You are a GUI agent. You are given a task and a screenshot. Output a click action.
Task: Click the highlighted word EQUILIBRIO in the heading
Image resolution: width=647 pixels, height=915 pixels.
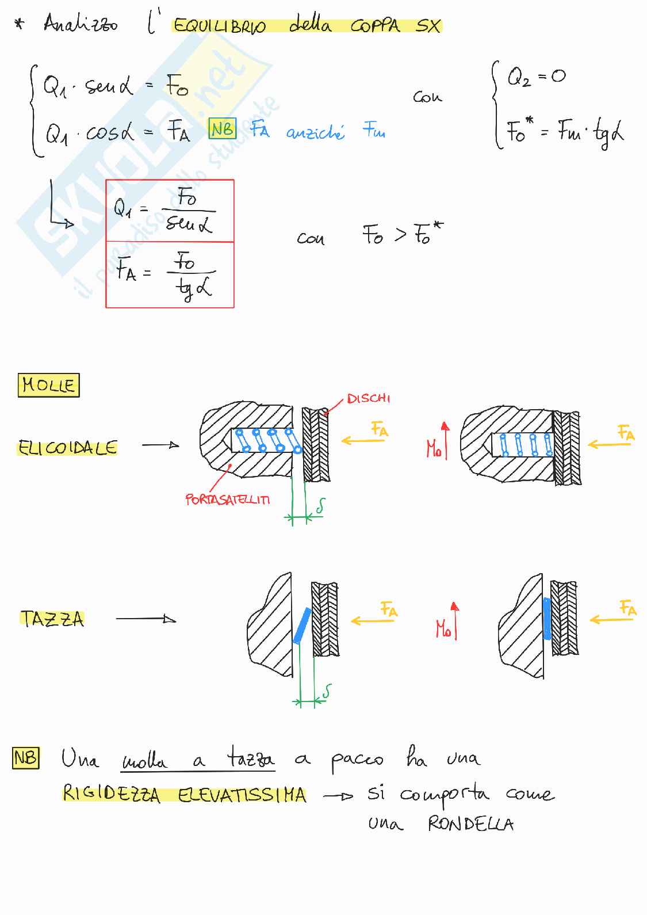point(219,27)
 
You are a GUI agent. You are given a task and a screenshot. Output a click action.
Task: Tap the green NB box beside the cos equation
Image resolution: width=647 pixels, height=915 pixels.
point(222,129)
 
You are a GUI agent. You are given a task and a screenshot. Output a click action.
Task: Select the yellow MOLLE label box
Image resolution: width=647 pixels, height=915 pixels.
point(48,385)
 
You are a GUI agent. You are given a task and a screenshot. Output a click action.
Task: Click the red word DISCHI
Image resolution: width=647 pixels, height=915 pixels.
point(368,398)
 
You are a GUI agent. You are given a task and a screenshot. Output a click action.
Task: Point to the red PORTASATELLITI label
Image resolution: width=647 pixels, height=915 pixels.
point(227,500)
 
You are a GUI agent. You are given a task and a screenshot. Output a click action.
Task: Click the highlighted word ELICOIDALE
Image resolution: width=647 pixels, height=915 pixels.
point(67,448)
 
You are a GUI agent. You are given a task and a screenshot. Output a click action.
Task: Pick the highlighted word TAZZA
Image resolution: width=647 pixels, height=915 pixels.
point(52,619)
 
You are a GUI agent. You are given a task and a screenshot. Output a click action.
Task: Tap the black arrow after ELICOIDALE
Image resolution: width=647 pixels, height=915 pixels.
point(160,445)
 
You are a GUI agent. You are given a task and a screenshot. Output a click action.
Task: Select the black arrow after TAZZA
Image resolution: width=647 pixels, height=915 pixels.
point(146,619)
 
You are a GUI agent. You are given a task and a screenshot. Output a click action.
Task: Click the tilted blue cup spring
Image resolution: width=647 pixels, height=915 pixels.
point(301,626)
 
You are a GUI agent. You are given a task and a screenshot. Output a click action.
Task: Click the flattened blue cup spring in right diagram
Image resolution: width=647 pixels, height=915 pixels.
point(546,618)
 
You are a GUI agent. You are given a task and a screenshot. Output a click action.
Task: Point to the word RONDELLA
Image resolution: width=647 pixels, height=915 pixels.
point(470,825)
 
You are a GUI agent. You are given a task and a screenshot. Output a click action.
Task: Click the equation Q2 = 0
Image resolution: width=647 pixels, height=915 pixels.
point(535,77)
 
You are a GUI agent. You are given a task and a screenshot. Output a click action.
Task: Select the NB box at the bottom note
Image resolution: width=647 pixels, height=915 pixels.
point(25,758)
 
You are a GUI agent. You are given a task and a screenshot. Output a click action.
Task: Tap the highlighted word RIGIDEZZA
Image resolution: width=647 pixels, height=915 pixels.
point(112,795)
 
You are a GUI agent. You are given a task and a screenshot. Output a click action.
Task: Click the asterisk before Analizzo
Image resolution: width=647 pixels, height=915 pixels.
point(21,25)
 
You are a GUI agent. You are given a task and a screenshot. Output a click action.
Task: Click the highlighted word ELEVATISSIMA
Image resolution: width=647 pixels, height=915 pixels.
point(242,795)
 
